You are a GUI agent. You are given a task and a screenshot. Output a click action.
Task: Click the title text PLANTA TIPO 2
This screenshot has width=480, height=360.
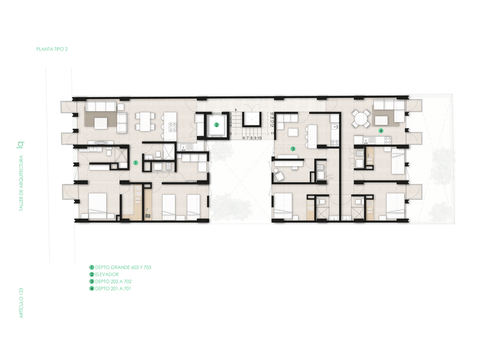pyautogui.click(x=52, y=49)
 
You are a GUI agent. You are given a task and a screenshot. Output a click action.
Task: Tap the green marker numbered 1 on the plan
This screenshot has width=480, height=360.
pyautogui.click(x=136, y=163)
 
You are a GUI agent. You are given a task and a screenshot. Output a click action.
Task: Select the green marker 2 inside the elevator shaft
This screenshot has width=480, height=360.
pyautogui.click(x=216, y=125)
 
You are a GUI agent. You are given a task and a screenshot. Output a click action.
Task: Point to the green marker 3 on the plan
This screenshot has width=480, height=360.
pyautogui.click(x=293, y=149)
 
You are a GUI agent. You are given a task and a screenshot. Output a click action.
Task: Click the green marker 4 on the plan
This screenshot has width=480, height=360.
pyautogui.click(x=381, y=131)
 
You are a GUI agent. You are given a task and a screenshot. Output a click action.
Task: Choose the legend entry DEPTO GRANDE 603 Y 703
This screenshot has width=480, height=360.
pyautogui.click(x=123, y=267)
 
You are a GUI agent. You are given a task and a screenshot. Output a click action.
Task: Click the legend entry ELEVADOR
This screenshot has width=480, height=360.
pyautogui.click(x=107, y=274)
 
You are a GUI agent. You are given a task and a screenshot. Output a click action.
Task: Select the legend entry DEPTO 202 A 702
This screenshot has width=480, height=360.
pyautogui.click(x=113, y=282)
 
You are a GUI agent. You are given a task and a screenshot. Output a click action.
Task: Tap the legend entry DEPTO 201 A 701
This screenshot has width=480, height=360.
pyautogui.click(x=113, y=289)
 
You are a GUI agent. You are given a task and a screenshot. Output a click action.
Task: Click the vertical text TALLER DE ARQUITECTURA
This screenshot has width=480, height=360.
pyautogui.click(x=21, y=183)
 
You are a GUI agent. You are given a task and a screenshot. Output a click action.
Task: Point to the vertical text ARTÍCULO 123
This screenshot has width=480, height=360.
pyautogui.click(x=21, y=303)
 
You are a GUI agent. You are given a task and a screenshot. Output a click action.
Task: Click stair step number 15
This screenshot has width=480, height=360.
pyautogui.click(x=272, y=114)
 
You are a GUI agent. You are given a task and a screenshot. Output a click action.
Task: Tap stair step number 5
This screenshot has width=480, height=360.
pyautogui.click(x=231, y=134)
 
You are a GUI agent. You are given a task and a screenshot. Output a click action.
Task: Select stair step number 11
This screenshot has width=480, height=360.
pyautogui.click(x=272, y=133)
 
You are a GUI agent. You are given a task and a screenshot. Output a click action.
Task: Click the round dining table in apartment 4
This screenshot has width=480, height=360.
pyautogui.click(x=361, y=119)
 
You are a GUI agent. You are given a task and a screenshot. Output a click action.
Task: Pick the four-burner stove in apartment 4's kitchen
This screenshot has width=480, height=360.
pyautogui.click(x=388, y=140)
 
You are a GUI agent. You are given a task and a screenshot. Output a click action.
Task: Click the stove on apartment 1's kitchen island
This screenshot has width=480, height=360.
pyautogui.click(x=173, y=127)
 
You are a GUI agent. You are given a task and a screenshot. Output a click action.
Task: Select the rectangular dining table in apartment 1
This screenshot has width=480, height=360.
pyautogui.click(x=145, y=122)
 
